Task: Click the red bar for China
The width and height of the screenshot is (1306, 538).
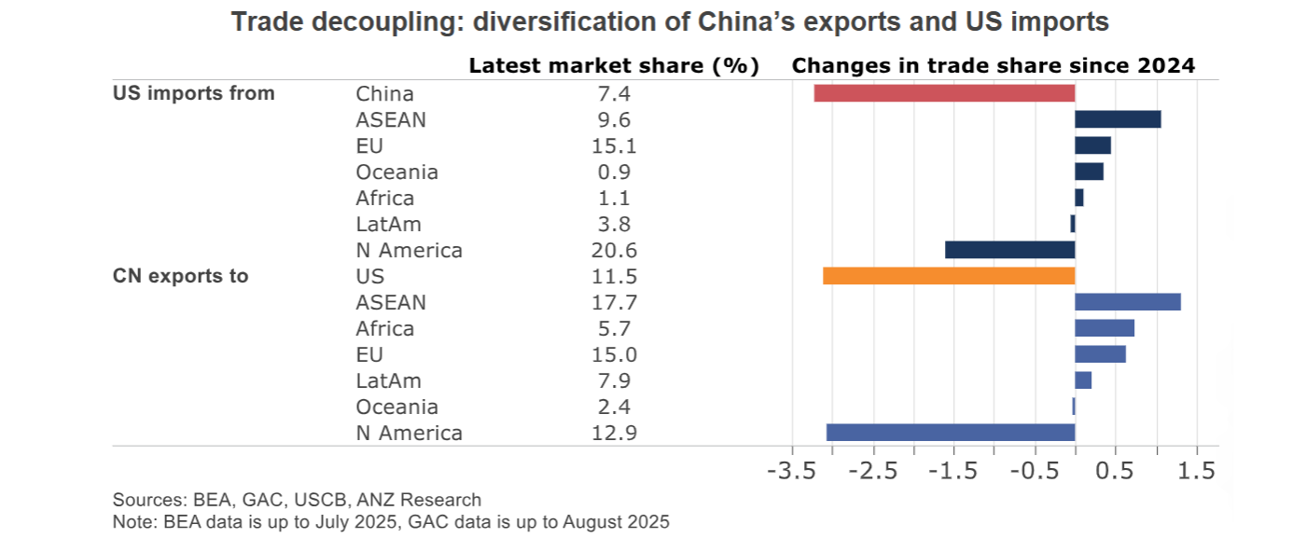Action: tap(944, 93)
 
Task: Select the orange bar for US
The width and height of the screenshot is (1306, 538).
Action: tap(949, 276)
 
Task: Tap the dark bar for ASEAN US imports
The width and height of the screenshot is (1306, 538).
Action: tap(1118, 119)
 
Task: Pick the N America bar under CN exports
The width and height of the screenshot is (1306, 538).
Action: tap(951, 433)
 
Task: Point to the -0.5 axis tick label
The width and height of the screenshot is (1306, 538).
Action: tap(1034, 470)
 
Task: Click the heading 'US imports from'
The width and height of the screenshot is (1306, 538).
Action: tap(194, 93)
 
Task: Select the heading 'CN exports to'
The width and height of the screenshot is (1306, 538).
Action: tap(181, 276)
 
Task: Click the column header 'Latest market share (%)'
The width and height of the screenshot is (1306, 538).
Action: tap(613, 66)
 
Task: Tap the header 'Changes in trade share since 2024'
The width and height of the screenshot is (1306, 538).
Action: tap(993, 66)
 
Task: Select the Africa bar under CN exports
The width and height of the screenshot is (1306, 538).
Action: tap(1105, 328)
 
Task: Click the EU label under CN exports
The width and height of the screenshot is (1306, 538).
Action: tap(369, 354)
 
